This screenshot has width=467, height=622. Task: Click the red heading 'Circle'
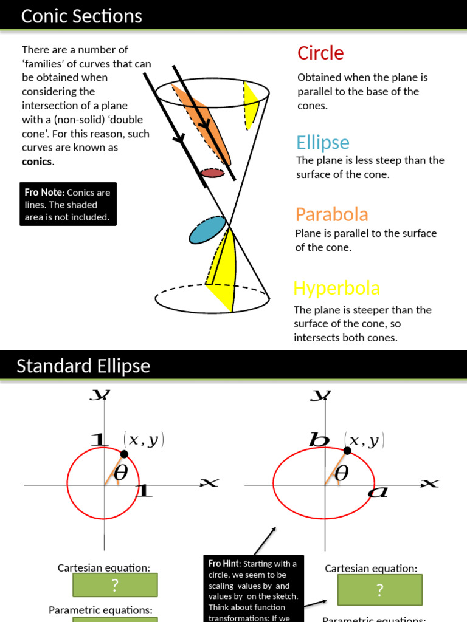(320, 53)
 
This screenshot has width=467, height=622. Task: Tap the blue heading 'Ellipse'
(323, 143)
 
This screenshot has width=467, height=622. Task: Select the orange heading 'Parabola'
(331, 214)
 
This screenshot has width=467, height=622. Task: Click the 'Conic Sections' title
(81, 16)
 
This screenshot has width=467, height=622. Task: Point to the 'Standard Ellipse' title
(83, 366)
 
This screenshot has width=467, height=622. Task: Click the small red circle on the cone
(213, 173)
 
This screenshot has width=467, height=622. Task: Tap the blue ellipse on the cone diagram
(207, 230)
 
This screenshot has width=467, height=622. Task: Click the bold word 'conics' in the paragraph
(37, 162)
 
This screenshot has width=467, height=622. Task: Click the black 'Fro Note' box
(67, 205)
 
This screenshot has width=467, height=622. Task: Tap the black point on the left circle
(124, 454)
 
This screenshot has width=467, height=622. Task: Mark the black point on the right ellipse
(347, 450)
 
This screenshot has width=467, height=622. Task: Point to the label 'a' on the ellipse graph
(378, 492)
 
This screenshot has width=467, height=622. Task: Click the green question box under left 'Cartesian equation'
(115, 585)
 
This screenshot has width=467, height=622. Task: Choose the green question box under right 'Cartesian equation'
(379, 589)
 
